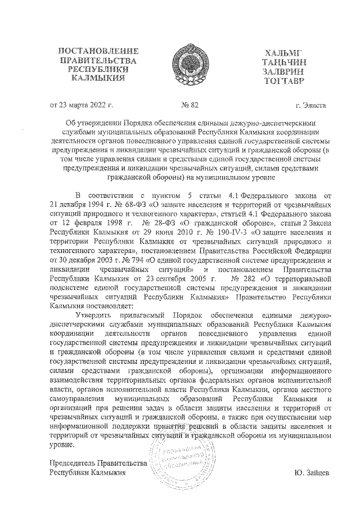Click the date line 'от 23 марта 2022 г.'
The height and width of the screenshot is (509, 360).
point(82,105)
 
